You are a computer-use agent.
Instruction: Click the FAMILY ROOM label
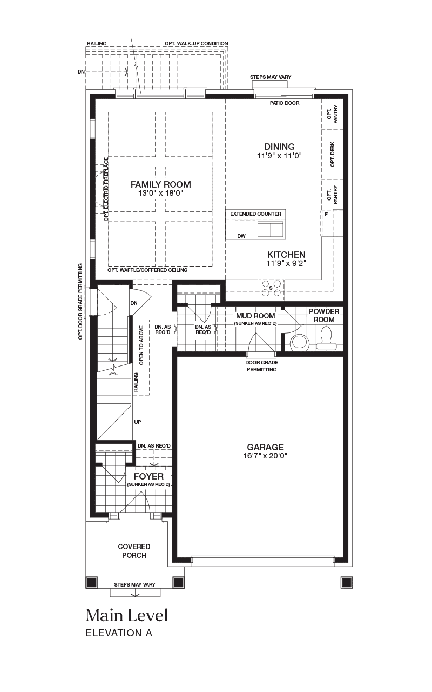tap(161, 184)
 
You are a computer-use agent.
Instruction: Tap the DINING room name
tap(279, 147)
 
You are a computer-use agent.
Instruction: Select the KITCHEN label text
tap(286, 255)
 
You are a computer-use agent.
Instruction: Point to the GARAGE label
tap(265, 447)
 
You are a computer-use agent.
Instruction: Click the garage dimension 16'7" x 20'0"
tap(265, 456)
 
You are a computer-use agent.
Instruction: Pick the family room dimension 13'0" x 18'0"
tap(161, 194)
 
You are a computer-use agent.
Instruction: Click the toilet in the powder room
tap(326, 338)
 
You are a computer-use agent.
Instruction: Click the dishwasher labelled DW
tap(245, 230)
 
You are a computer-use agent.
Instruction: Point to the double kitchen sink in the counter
tap(271, 229)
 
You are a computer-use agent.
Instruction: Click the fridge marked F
tap(332, 223)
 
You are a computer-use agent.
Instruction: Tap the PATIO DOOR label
tap(285, 103)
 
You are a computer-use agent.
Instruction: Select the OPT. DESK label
tap(332, 155)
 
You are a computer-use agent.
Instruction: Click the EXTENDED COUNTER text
tap(255, 214)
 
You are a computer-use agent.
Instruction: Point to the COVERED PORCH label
tap(134, 551)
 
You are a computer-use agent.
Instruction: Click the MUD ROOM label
tap(255, 316)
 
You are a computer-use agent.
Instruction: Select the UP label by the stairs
tap(138, 422)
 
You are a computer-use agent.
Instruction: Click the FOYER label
tap(148, 476)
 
